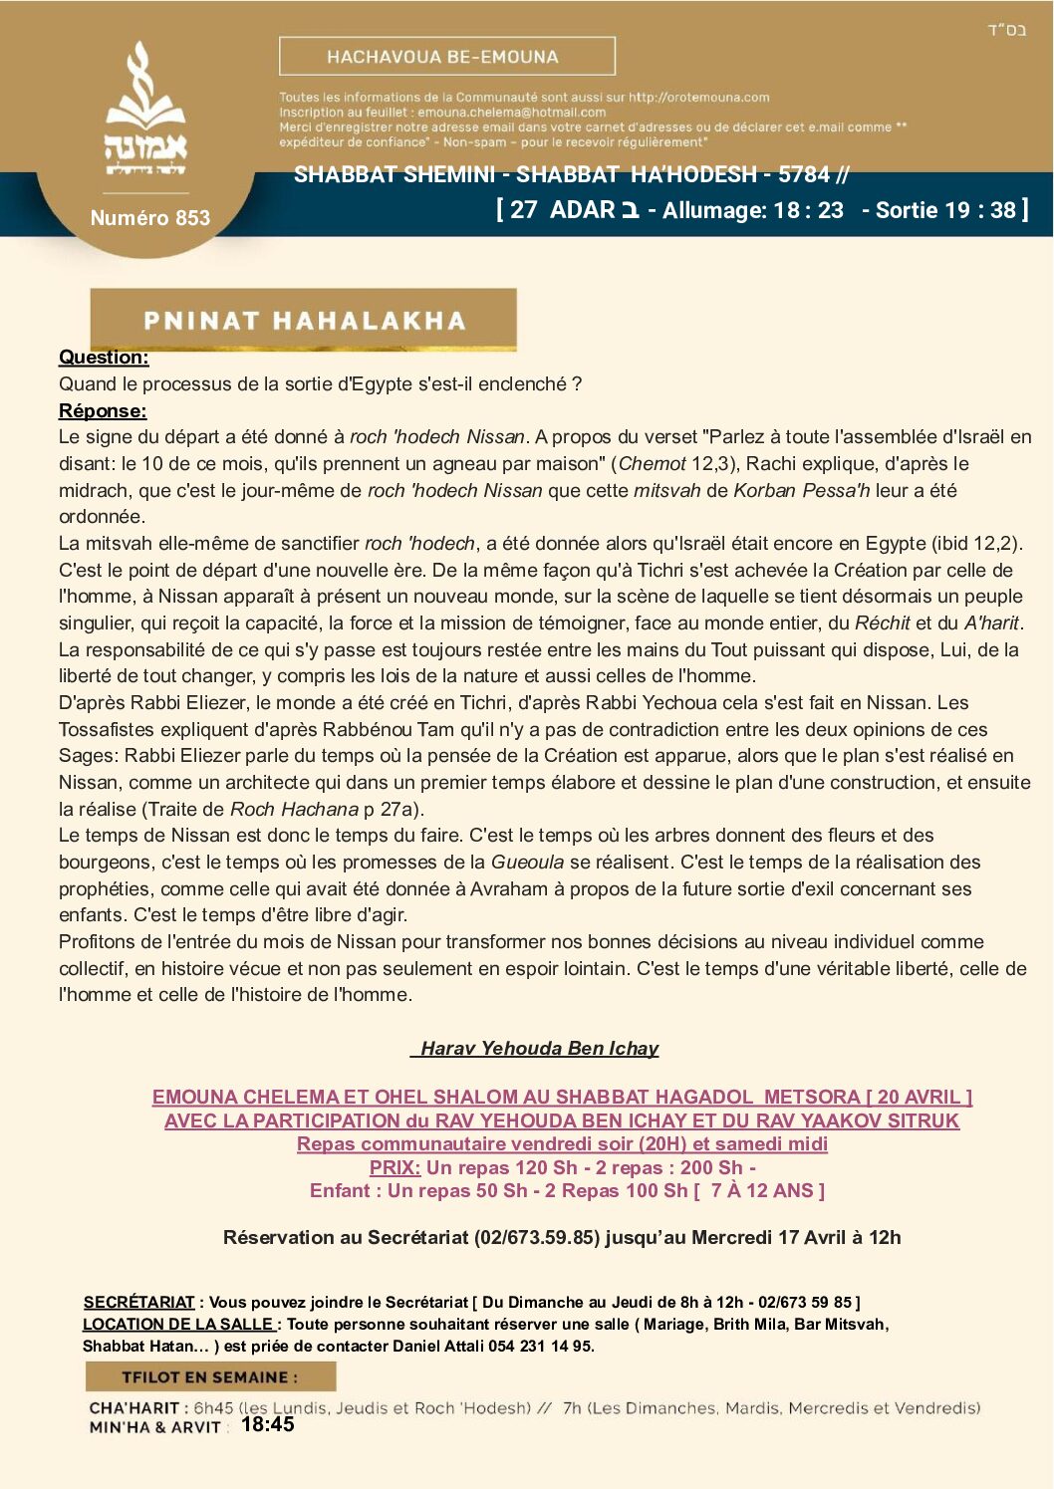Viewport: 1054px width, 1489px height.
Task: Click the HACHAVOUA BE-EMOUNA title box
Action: pyautogui.click(x=446, y=57)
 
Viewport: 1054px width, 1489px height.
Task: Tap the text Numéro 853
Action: pyautogui.click(x=150, y=217)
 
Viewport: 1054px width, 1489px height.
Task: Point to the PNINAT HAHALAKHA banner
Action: pyautogui.click(x=303, y=320)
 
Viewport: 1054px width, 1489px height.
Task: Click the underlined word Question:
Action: pyautogui.click(x=104, y=358)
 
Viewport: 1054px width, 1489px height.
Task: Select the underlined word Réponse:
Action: pyautogui.click(x=103, y=410)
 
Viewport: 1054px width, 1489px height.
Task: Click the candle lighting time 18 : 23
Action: pyautogui.click(x=808, y=210)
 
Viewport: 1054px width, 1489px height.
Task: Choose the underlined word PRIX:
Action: pyautogui.click(x=395, y=1167)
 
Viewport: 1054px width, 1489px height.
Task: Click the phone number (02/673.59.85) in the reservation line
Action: pyautogui.click(x=536, y=1237)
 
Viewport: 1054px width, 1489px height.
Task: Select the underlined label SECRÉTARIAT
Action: pyautogui.click(x=138, y=1302)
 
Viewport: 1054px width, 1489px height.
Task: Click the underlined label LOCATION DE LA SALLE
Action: pyautogui.click(x=178, y=1324)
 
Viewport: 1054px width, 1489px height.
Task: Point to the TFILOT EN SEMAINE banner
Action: pyautogui.click(x=210, y=1376)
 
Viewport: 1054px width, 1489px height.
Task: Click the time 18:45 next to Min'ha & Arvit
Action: pyautogui.click(x=267, y=1424)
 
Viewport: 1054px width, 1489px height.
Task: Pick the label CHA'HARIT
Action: pyautogui.click(x=133, y=1408)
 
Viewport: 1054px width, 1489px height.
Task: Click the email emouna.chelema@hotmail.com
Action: pyautogui.click(x=511, y=113)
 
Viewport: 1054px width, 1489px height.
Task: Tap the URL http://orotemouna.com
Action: pyautogui.click(x=698, y=98)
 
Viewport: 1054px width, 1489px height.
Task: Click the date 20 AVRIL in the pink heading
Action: pyautogui.click(x=918, y=1097)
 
